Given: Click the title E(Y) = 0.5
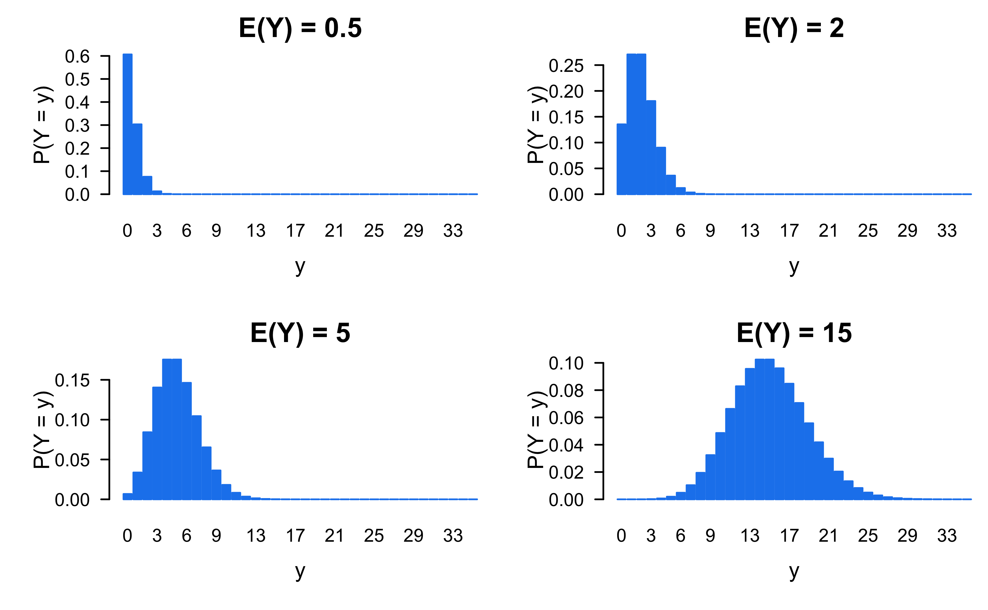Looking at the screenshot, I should (x=300, y=28).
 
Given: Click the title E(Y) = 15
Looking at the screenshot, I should (x=794, y=333).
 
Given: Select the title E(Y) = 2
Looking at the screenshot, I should (x=794, y=28).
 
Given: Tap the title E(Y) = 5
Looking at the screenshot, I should (x=300, y=333).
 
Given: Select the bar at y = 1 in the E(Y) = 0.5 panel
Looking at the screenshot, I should (x=137, y=159).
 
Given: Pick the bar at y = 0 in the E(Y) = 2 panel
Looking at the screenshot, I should (x=622, y=159).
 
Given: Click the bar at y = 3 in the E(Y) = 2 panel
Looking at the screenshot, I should (x=651, y=148).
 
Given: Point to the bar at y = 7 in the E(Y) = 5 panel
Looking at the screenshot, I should (x=197, y=457).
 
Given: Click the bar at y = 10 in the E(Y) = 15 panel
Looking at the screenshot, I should (x=720, y=466).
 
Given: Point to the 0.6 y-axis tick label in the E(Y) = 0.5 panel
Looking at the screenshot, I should (x=77, y=57).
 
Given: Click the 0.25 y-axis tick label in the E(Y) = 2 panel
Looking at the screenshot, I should (x=566, y=66).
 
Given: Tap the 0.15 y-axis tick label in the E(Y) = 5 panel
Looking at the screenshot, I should (x=72, y=380).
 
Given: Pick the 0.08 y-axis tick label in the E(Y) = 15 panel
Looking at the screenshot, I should (x=566, y=391).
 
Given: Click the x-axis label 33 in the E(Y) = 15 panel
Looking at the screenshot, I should (x=947, y=536).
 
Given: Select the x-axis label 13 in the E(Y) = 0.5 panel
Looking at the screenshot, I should (x=256, y=231).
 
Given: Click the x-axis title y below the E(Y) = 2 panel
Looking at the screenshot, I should (x=794, y=266).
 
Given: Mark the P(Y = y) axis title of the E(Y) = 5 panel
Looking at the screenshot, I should (x=42, y=430).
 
